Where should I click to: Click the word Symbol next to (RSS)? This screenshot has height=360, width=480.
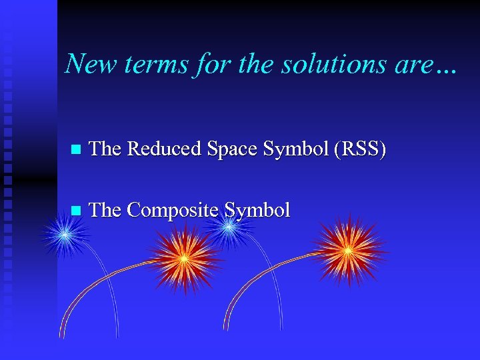[298, 149]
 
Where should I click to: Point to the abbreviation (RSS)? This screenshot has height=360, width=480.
[361, 149]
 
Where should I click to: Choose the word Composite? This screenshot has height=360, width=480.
[173, 211]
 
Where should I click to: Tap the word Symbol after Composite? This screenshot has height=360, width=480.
[257, 211]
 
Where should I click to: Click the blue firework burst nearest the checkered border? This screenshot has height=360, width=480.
[65, 235]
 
